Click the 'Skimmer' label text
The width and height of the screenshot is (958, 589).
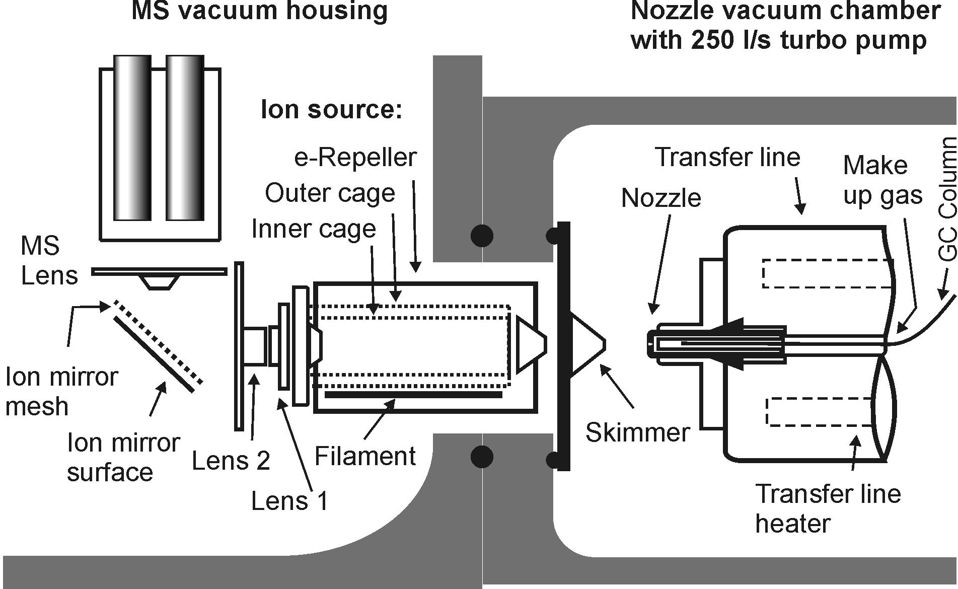pyautogui.click(x=637, y=432)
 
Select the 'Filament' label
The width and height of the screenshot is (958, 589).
pyautogui.click(x=365, y=456)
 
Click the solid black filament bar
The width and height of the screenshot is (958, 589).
pyautogui.click(x=413, y=395)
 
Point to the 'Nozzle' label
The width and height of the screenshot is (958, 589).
pyautogui.click(x=661, y=198)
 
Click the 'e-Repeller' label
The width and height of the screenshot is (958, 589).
pyautogui.click(x=355, y=158)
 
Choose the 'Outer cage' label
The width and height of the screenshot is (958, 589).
pyautogui.click(x=330, y=193)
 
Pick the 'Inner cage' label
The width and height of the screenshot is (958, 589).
pyautogui.click(x=314, y=229)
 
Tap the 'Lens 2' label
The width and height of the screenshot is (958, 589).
pyautogui.click(x=231, y=461)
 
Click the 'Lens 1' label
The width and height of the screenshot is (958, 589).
pyautogui.click(x=289, y=501)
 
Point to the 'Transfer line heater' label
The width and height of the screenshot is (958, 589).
pyautogui.click(x=828, y=508)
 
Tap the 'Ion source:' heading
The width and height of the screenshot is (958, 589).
pyautogui.click(x=332, y=109)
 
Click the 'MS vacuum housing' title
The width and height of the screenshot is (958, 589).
pyautogui.click(x=260, y=11)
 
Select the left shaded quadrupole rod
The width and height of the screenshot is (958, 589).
pyautogui.click(x=132, y=137)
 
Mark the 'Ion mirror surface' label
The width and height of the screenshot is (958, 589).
pyautogui.click(x=123, y=457)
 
